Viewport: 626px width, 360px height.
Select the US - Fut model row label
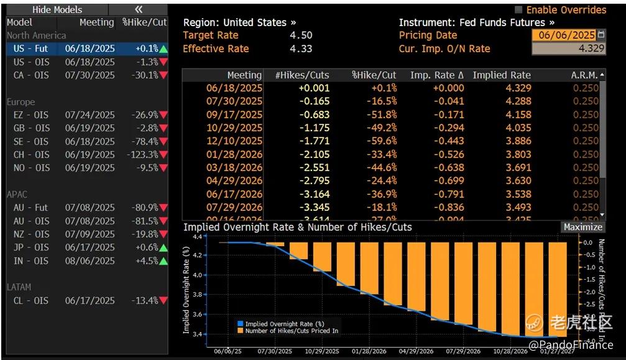(30, 48)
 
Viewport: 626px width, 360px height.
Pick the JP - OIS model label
(31, 247)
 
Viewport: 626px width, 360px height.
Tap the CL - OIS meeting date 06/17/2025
(90, 300)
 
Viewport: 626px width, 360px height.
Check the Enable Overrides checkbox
(518, 10)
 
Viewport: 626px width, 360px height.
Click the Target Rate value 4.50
(301, 35)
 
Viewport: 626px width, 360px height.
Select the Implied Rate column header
(502, 75)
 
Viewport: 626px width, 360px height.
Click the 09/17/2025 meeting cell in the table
(234, 114)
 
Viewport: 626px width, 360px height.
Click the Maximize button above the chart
(582, 227)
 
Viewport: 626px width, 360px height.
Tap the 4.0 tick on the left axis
(197, 275)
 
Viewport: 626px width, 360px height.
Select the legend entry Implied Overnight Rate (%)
(284, 324)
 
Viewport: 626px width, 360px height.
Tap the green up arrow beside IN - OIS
(163, 261)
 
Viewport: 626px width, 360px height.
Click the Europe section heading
(21, 102)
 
